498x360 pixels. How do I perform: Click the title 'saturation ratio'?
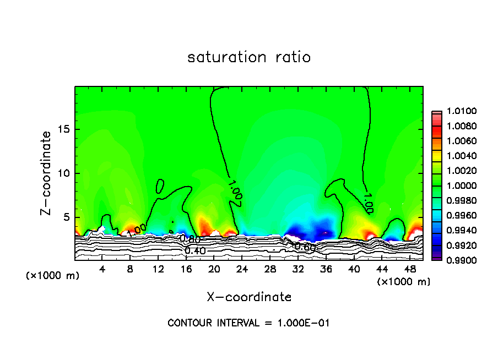point(249,57)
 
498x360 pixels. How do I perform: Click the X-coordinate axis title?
point(249,297)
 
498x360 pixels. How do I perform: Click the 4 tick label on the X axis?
point(102,270)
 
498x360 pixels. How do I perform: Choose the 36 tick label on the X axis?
point(326,270)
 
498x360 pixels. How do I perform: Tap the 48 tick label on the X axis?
point(409,270)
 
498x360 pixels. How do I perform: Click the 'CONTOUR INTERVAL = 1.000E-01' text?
point(248,323)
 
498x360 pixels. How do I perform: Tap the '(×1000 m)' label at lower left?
point(53,275)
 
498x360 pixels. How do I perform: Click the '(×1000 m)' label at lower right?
point(404,282)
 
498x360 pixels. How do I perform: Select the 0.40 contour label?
point(195,251)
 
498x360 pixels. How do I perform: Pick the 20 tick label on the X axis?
point(214,270)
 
